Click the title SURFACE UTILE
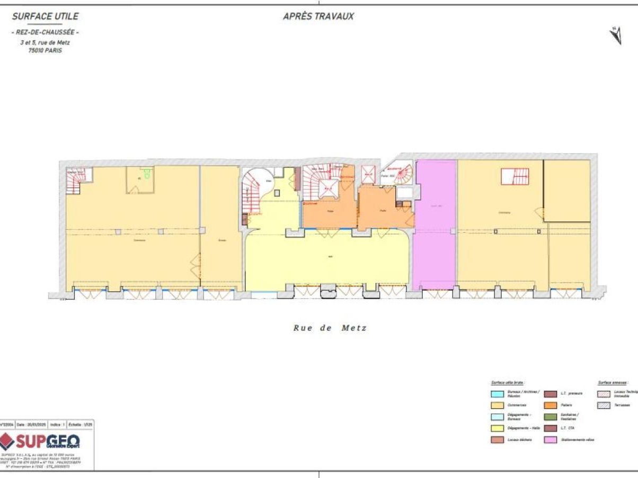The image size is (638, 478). coord(45,16)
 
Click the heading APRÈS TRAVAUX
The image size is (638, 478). coord(318,16)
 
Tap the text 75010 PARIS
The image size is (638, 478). coord(45,50)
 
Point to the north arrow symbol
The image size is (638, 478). coord(616,35)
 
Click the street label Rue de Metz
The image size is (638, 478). coord(330,328)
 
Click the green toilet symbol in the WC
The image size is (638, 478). coord(147,173)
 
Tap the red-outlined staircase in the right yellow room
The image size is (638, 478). coord(515,176)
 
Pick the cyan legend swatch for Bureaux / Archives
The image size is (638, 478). coord(497,394)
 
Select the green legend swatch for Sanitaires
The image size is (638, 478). coord(551,416)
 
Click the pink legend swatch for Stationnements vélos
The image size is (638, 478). coord(551,440)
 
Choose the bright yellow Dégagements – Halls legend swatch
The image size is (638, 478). coord(497,428)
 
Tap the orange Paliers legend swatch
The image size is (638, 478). coord(551,405)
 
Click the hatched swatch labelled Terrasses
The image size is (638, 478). coord(604,405)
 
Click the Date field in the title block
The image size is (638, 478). coord(27,425)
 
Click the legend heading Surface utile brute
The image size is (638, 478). coord(507,382)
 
